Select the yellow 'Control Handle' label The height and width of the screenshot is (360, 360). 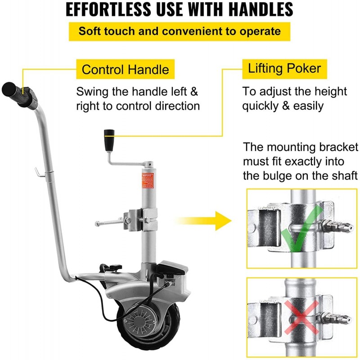(125, 70)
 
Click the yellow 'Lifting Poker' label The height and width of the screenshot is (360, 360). (284, 68)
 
